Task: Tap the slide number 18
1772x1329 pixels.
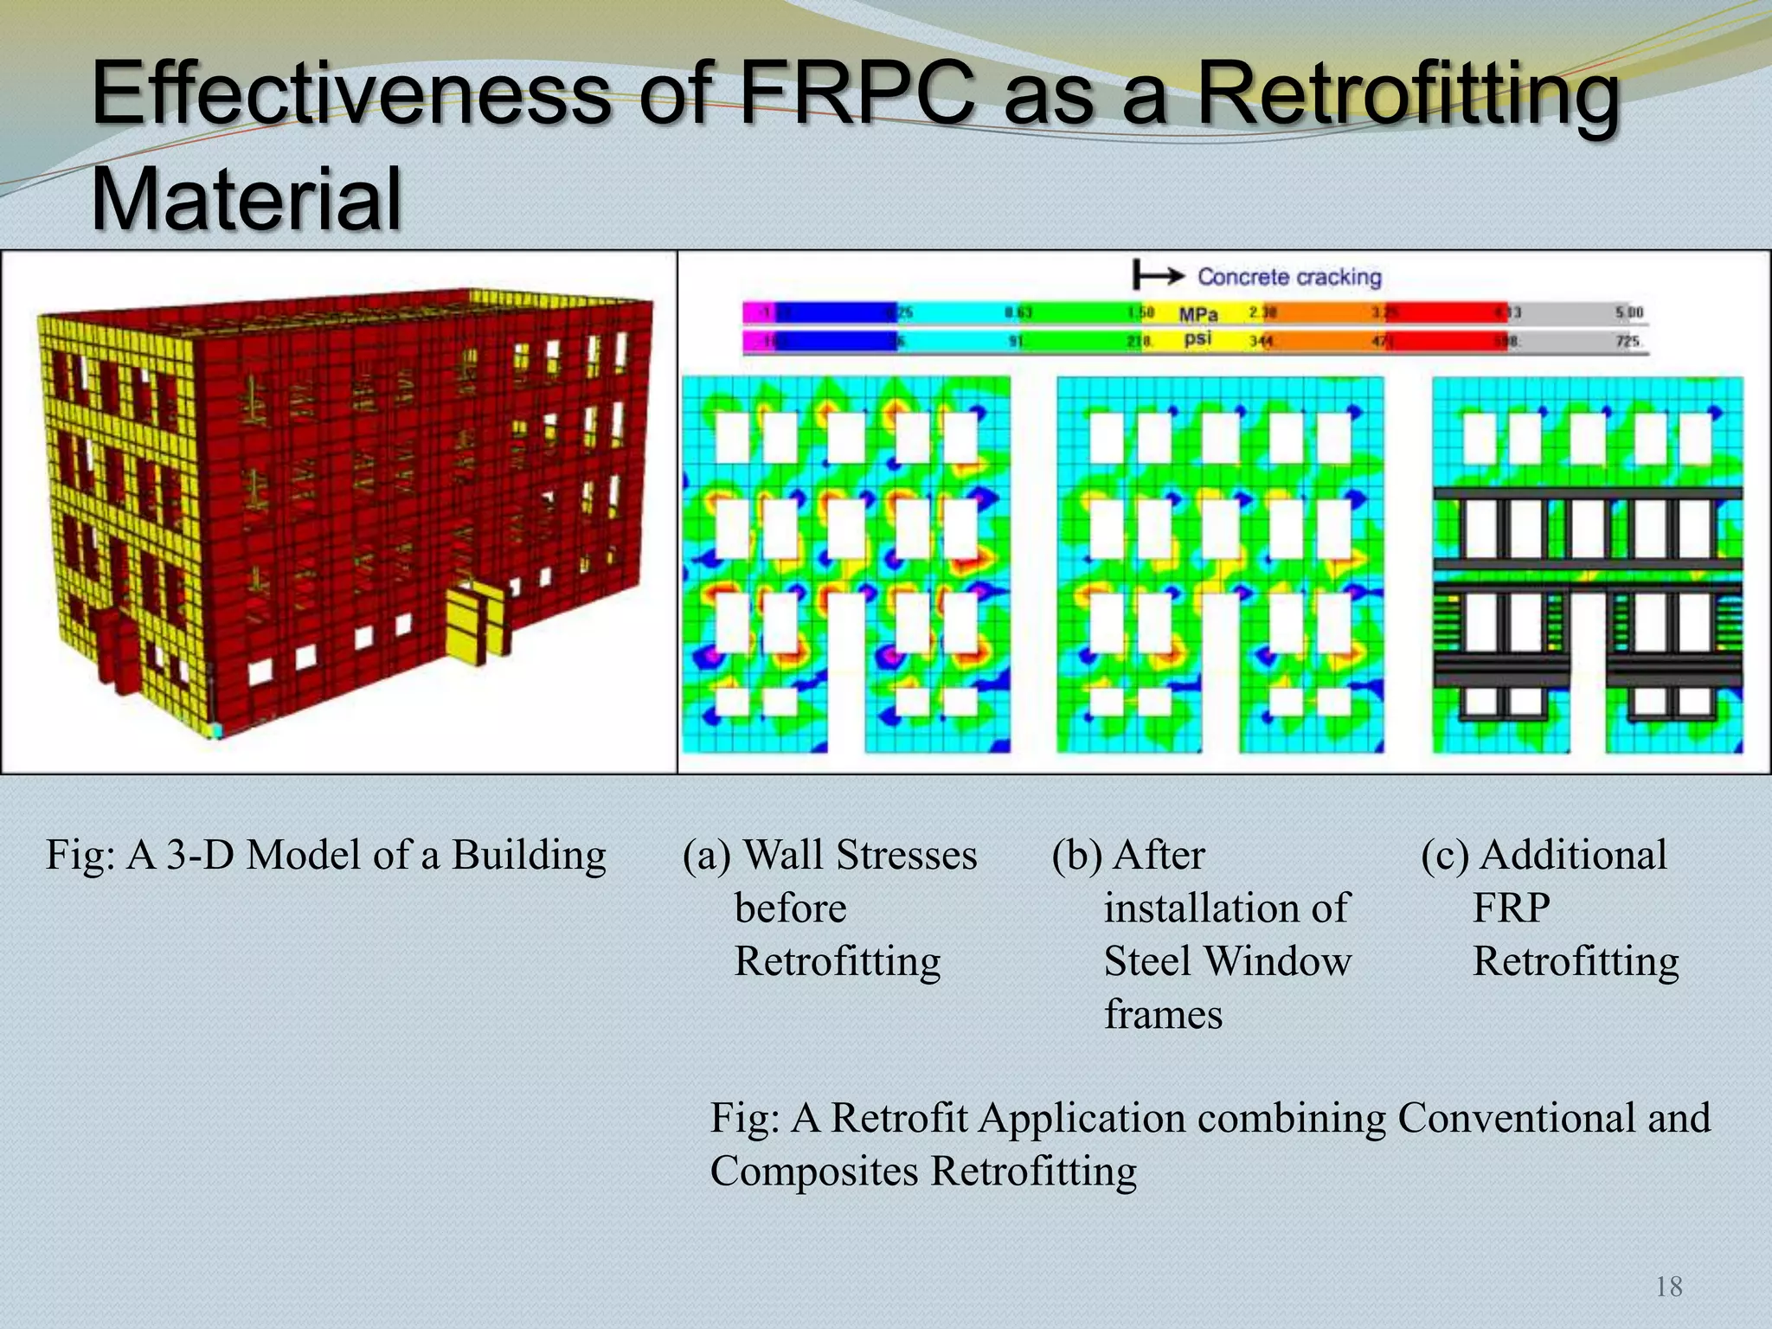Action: [1669, 1287]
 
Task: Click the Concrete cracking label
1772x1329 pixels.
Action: [1289, 277]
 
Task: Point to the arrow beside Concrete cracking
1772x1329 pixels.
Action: [1159, 276]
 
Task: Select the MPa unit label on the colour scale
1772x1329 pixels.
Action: [1198, 313]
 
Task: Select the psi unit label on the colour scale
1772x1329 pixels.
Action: [1197, 339]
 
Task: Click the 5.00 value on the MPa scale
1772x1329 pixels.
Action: [1629, 312]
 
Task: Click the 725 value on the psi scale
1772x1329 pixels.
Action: [1628, 341]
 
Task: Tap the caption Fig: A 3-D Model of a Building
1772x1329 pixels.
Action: [326, 855]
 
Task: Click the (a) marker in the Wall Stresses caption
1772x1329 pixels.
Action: [706, 855]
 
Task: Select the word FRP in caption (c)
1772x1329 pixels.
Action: [1511, 908]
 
